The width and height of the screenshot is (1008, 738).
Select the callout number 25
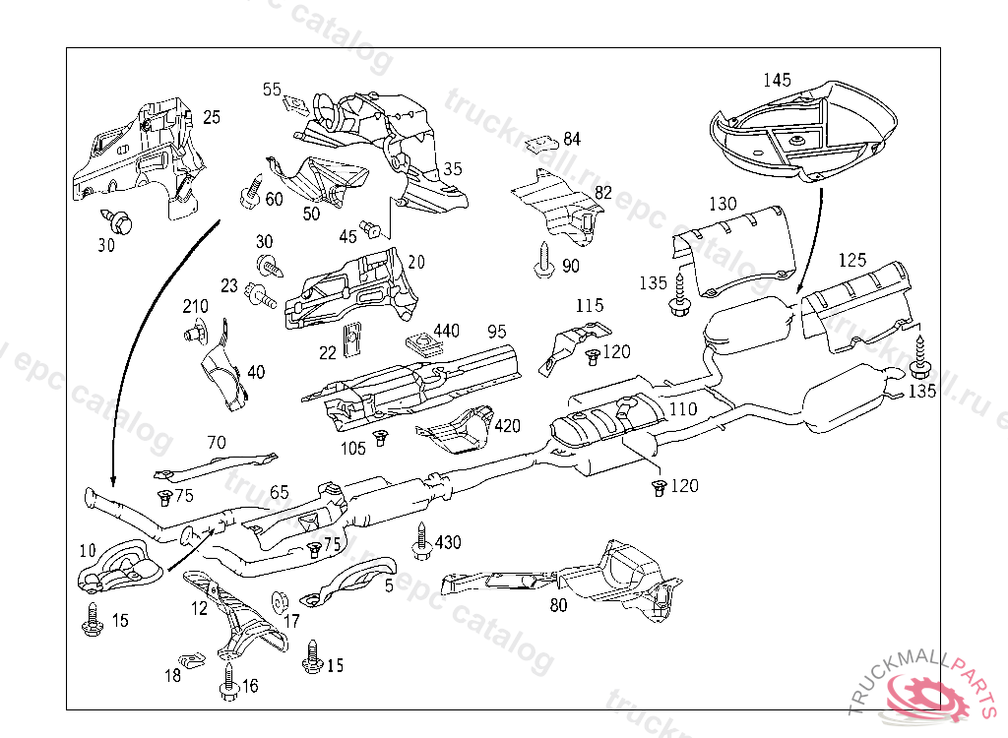[212, 117]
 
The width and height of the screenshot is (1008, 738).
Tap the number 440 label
[446, 331]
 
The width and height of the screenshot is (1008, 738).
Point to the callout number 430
[448, 542]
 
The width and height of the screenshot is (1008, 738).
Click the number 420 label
[508, 426]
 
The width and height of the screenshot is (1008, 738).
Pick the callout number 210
[196, 307]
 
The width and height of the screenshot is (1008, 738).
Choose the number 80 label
[558, 605]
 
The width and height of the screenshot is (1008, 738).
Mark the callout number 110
[682, 408]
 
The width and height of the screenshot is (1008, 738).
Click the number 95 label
[497, 331]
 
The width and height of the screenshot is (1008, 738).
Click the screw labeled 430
[421, 541]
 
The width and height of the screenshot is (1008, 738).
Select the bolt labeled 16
[228, 684]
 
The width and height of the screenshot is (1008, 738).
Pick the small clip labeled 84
[537, 144]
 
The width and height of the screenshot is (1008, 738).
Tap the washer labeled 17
[278, 598]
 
